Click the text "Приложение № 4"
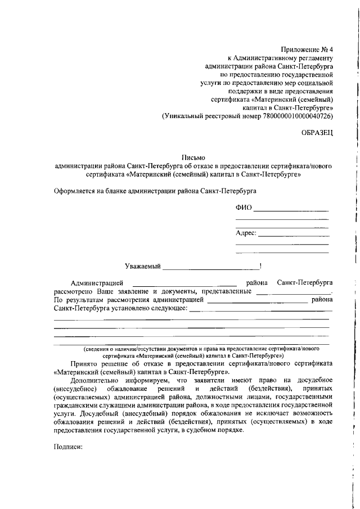coord(307,49)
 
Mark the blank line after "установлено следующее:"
coord(259,311)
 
